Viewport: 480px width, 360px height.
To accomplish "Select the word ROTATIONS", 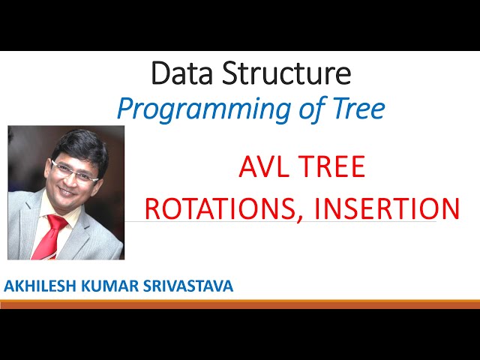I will [x=222, y=208].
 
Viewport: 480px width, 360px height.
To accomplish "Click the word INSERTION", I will [x=388, y=208].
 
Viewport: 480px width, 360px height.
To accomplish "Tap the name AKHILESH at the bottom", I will [x=40, y=286].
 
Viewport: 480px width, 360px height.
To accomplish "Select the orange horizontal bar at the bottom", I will [x=240, y=304].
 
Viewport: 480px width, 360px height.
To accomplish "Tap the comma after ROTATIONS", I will [x=304, y=217].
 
